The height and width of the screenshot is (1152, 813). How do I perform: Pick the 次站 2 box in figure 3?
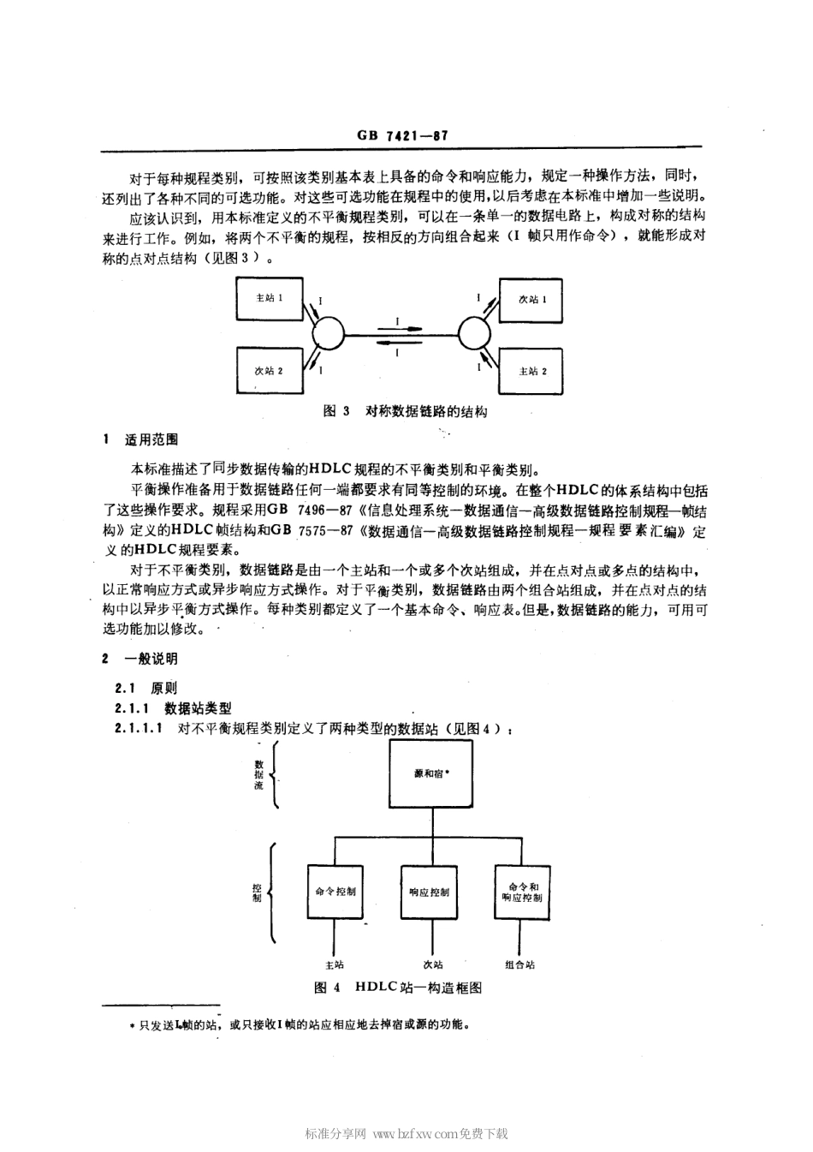(269, 371)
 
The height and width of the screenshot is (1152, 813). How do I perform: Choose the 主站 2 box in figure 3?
(531, 371)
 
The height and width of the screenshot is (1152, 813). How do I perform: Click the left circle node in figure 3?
(327, 332)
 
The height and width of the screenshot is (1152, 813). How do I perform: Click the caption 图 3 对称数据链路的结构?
(406, 411)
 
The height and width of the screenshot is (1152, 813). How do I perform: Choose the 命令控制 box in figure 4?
(335, 891)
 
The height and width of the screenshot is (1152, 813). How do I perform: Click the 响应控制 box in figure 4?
(430, 891)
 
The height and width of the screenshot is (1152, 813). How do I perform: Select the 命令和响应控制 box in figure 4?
(524, 891)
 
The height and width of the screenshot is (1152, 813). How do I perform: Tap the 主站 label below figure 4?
(335, 964)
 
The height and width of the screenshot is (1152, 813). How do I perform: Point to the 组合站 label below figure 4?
(519, 964)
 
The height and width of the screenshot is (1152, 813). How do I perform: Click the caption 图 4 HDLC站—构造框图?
(399, 988)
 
